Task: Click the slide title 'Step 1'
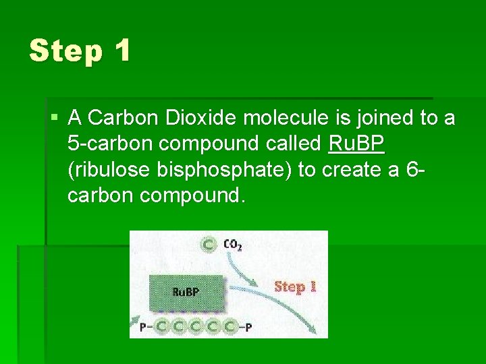tap(80, 51)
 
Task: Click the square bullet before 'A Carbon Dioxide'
tap(54, 119)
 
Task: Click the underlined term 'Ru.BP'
tap(356, 144)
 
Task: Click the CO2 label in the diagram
tap(232, 245)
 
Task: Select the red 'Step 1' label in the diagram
tap(295, 286)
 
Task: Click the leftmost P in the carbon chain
tap(143, 327)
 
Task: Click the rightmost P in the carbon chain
tap(249, 327)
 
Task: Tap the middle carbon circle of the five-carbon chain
tap(196, 327)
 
